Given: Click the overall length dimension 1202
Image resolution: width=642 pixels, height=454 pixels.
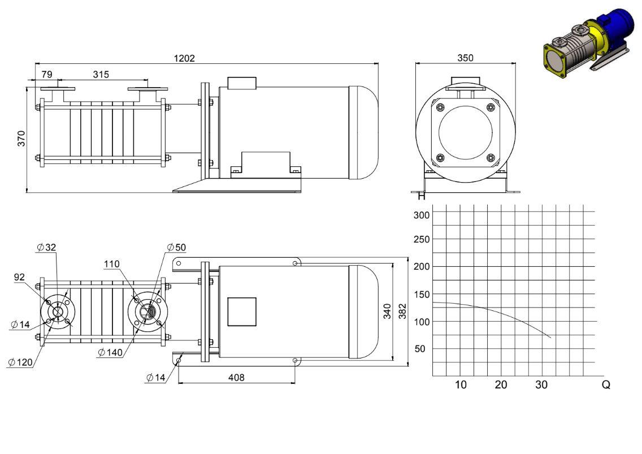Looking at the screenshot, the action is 184,58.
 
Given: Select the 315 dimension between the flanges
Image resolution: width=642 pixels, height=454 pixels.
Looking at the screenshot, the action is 101,74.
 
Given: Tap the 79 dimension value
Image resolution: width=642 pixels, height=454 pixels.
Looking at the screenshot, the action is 47,74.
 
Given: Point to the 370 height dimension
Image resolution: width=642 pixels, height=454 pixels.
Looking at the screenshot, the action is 21,139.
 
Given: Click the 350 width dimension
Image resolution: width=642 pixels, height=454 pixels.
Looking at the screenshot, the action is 465,58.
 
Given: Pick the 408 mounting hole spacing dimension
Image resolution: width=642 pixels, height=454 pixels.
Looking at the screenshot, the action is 236,377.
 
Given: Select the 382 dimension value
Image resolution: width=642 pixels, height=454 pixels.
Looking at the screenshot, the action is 402,311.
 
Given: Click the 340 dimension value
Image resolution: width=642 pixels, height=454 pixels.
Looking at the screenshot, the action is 387,311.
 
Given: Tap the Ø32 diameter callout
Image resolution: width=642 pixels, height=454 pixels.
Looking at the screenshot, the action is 46,247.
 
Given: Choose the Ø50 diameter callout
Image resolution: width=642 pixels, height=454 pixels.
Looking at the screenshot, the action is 176,247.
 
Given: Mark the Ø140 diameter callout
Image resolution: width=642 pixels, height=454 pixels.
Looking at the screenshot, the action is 110,352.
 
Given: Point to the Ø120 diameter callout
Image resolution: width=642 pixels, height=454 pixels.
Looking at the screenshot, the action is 20,362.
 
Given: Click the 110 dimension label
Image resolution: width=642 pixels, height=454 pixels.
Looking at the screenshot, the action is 112,264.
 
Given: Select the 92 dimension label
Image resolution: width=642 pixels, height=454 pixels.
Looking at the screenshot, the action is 19,277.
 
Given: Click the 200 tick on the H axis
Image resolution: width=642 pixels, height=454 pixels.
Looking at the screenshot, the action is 422,266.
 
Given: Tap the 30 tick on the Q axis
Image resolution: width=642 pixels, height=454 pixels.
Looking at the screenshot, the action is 541,385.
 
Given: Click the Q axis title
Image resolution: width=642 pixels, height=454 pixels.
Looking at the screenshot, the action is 606,385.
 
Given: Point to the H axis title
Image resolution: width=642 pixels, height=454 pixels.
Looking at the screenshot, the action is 422,196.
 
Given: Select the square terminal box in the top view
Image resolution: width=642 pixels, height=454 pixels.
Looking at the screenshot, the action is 241,312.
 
